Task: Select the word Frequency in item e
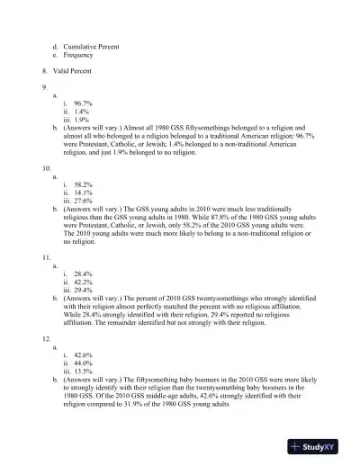pyautogui.click(x=84, y=54)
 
